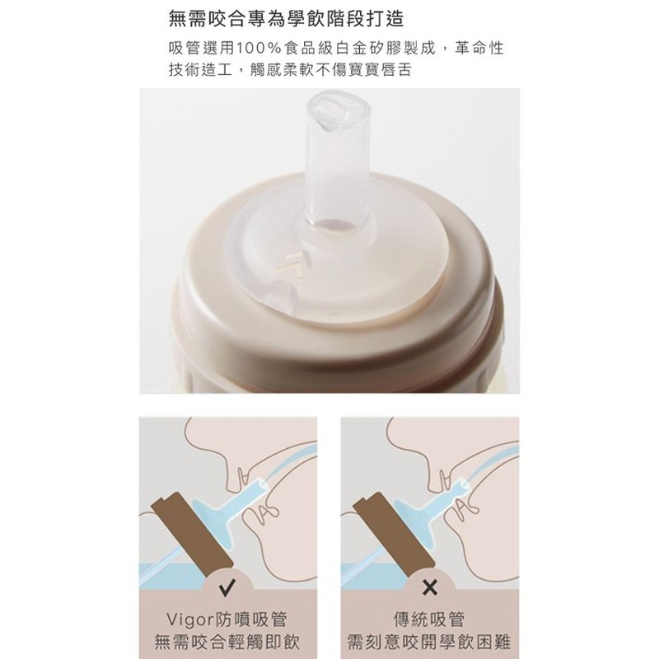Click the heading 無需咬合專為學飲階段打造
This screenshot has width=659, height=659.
click(286, 19)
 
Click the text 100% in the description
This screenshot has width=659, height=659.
click(258, 49)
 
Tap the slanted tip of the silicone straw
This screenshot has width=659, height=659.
click(339, 110)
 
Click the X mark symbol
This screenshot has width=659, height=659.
click(429, 587)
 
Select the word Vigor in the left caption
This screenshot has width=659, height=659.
click(189, 620)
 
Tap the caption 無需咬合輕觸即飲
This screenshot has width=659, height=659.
click(227, 643)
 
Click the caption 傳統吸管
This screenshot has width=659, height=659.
click(429, 619)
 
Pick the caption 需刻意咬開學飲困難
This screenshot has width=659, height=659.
click(429, 643)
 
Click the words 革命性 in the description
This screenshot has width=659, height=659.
click(479, 49)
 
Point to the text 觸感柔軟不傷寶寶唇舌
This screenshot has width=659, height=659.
click(330, 70)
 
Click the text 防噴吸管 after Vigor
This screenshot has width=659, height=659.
click(251, 620)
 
